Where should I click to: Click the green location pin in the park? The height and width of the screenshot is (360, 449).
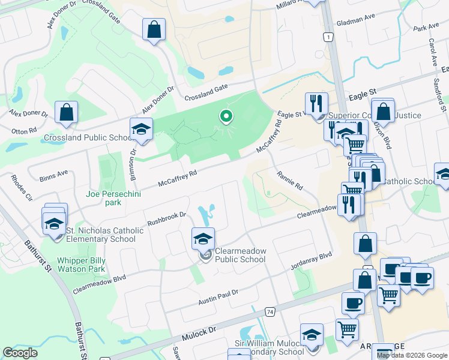coord(226,116)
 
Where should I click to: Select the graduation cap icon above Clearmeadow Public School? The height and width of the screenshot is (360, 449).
coord(203,239)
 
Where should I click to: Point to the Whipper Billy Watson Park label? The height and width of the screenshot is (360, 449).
coord(89,265)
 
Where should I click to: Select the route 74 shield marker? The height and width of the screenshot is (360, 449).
coord(271,312)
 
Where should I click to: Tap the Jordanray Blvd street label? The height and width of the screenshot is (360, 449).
coord(310,262)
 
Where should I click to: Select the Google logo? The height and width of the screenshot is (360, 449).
coord(20,353)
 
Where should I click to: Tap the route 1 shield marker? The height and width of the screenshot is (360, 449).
coord(328,37)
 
